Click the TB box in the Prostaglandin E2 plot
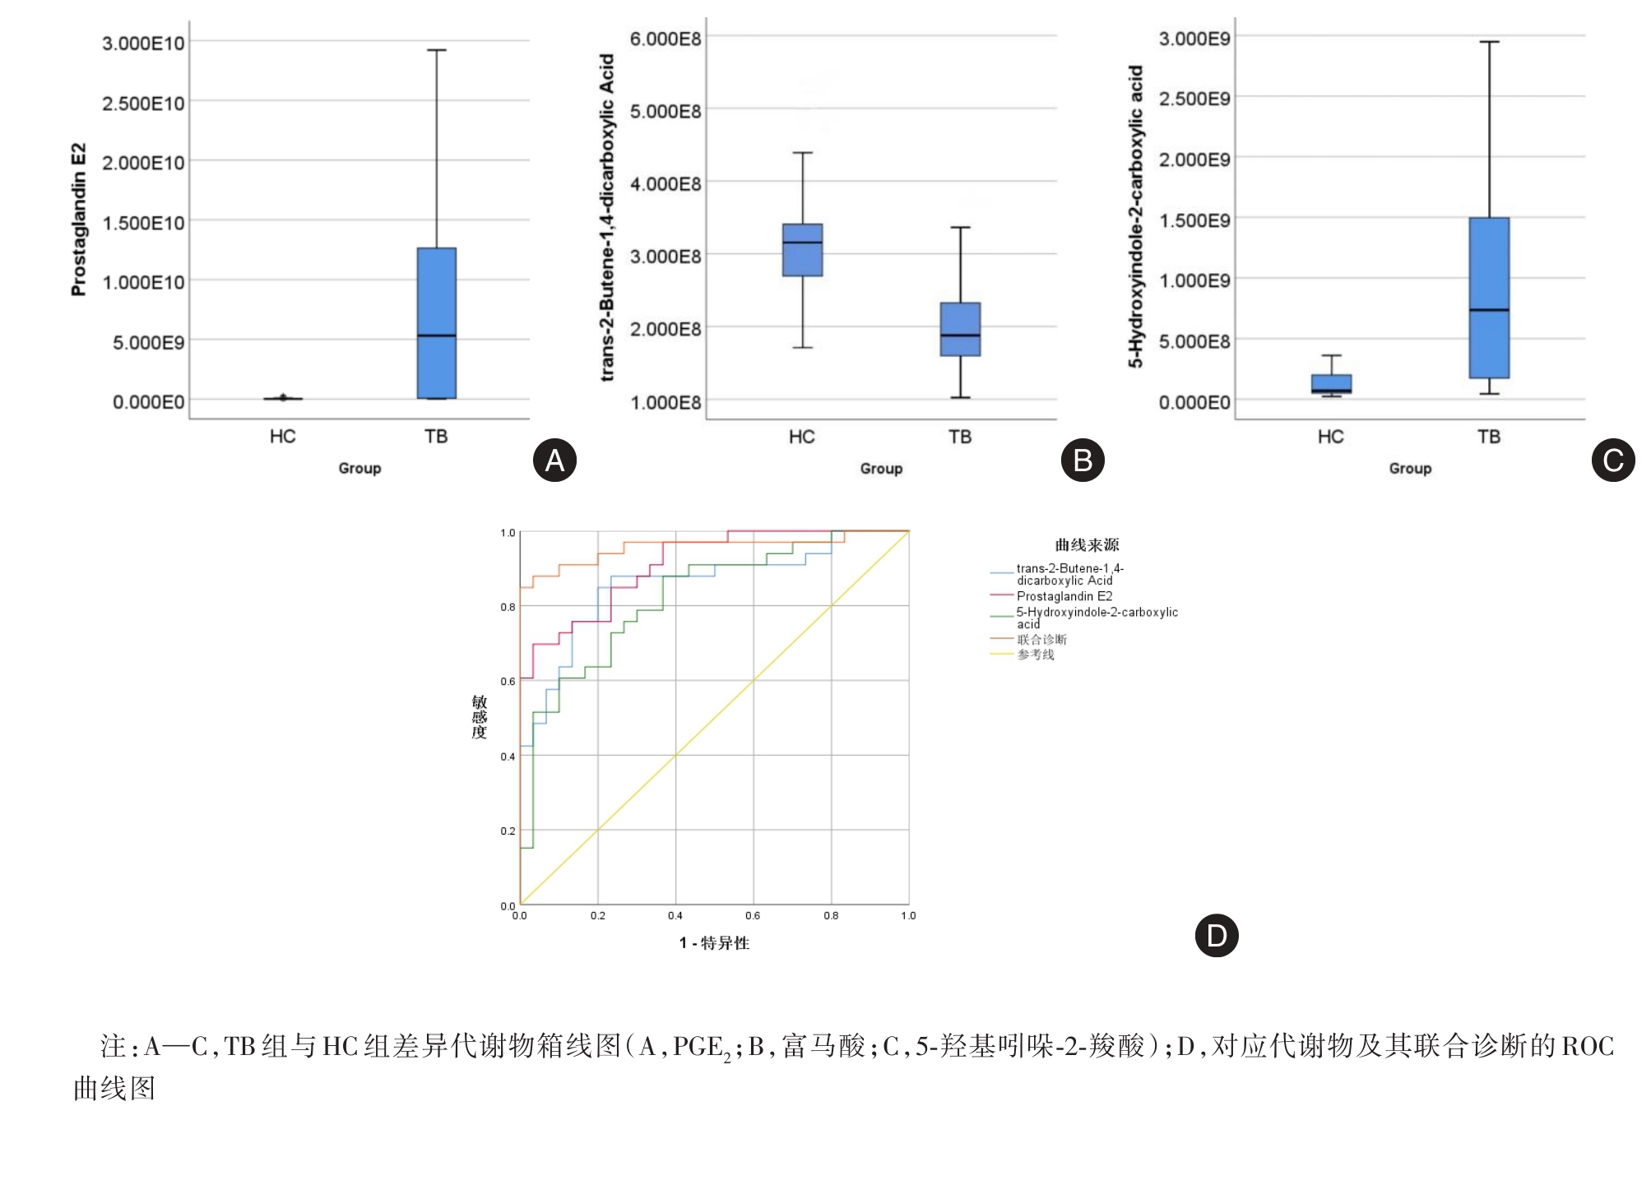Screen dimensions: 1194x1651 tap(436, 323)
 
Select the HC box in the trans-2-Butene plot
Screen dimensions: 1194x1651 tap(802, 250)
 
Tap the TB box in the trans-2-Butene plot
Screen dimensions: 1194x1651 tap(960, 329)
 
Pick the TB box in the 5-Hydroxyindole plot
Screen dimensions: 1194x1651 tap(1489, 298)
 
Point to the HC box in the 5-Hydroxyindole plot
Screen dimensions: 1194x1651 tap(1331, 384)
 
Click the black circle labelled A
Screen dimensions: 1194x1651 tap(555, 460)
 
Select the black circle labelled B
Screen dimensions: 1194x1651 tap(1083, 460)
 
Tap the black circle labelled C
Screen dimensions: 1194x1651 tap(1613, 460)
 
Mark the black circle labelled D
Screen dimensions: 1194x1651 tap(1217, 935)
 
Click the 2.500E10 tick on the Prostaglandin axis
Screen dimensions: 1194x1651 tap(143, 103)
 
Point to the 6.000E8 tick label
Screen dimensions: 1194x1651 tap(666, 39)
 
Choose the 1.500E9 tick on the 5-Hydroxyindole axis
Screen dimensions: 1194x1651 tap(1194, 220)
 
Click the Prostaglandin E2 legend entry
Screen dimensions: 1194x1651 tap(1064, 596)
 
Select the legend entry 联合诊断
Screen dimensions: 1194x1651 tap(1041, 639)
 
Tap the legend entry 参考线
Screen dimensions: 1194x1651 tap(1036, 655)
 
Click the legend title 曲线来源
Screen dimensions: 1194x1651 tap(1087, 544)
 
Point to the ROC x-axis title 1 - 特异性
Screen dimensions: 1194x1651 tap(714, 943)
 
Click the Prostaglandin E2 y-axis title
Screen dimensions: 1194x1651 tap(78, 220)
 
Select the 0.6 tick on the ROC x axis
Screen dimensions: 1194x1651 tap(753, 915)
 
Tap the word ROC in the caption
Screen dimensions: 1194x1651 tap(1588, 1046)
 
